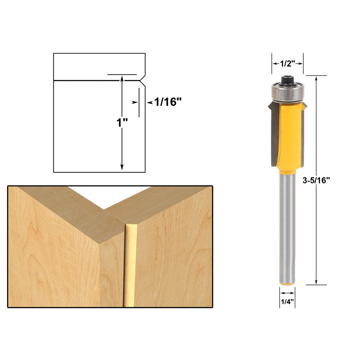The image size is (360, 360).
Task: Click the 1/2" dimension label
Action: tap(287, 64)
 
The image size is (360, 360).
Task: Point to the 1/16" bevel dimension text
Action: tap(167, 102)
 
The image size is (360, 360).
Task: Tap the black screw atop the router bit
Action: tap(287, 80)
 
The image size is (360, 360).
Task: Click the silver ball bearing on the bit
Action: tap(287, 92)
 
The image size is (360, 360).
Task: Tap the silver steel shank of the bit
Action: tap(287, 225)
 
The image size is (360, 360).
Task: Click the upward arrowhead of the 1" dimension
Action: tap(122, 78)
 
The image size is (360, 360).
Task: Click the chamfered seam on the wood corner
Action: tap(131, 265)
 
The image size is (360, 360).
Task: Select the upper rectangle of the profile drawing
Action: tap(99, 67)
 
